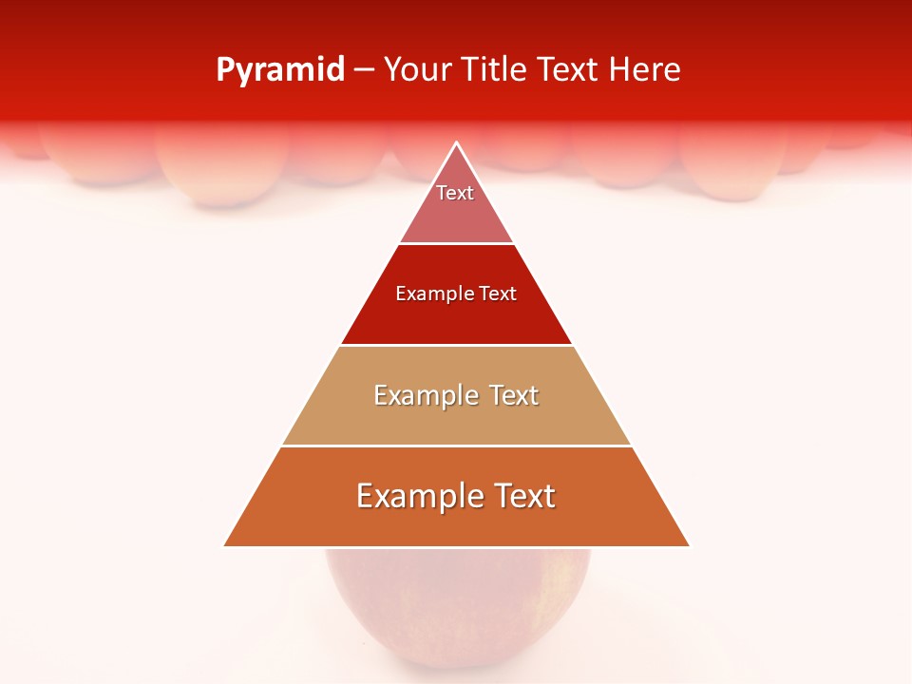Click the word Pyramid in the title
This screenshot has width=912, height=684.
click(280, 70)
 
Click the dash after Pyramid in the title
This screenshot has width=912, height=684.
click(364, 71)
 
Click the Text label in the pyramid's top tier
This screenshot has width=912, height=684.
click(455, 193)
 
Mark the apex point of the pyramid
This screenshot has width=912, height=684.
click(457, 143)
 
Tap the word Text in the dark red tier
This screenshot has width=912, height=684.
click(498, 294)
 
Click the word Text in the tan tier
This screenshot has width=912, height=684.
click(514, 395)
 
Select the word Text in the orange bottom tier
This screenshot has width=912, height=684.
click(523, 496)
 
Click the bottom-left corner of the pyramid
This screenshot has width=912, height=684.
click(225, 545)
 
